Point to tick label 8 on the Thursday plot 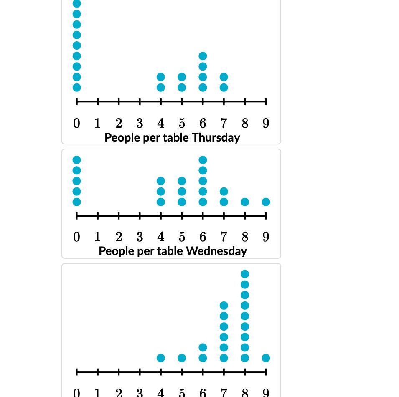click(245, 124)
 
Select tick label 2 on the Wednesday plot click(119, 237)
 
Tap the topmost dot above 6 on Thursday click(203, 56)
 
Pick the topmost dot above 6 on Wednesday click(203, 160)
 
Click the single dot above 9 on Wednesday click(266, 202)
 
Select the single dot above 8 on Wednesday click(245, 202)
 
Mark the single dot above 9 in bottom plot click(266, 358)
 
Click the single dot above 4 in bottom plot click(161, 358)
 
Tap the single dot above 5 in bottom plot click(182, 358)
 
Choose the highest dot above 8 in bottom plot click(245, 274)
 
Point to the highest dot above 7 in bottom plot click(224, 306)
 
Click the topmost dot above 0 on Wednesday click(76, 160)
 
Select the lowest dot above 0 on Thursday click(76, 88)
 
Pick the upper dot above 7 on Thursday click(224, 77)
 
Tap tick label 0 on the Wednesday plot click(76, 237)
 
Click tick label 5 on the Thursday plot click(182, 124)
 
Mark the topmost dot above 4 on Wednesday click(161, 181)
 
